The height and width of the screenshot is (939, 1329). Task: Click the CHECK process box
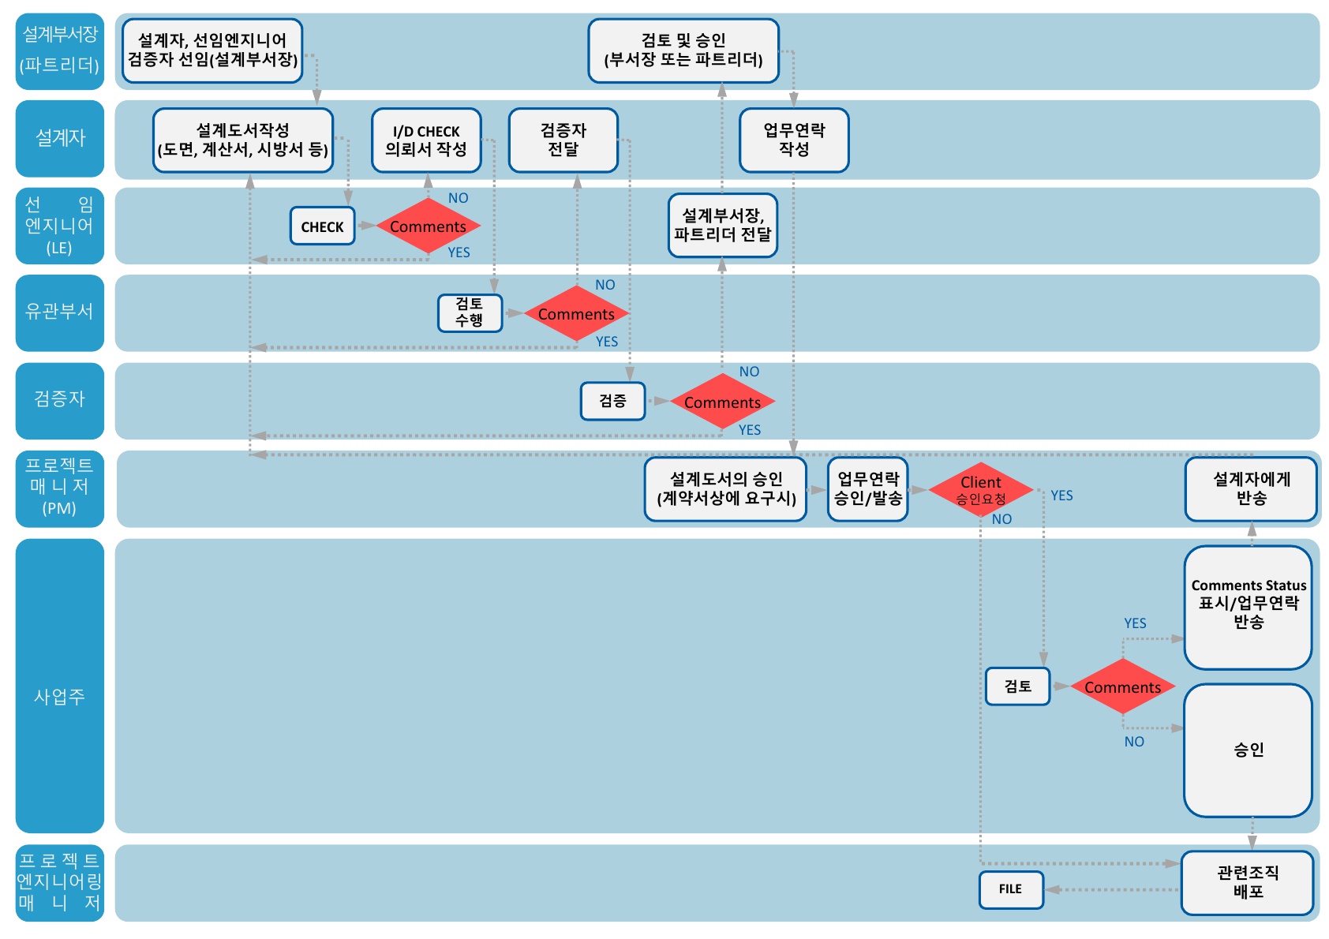click(322, 226)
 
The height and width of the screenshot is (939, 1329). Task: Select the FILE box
click(1010, 889)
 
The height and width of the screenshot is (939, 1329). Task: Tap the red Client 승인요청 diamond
click(981, 489)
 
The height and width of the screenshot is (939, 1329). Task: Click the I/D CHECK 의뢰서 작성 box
click(426, 140)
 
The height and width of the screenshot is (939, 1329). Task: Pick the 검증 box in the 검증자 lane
click(612, 401)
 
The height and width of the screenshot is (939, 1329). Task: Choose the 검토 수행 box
click(470, 312)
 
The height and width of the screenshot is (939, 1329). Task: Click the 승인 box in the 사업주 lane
click(1248, 750)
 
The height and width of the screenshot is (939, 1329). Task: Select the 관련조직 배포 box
click(1247, 882)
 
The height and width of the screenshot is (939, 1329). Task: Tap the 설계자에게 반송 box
click(1251, 488)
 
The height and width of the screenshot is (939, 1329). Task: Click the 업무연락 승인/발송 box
click(867, 488)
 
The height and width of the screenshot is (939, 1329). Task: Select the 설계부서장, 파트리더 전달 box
click(722, 225)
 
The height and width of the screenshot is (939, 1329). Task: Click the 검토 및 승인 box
click(683, 50)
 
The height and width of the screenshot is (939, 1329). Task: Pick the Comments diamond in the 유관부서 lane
click(576, 314)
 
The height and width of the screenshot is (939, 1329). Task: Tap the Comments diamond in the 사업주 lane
click(1122, 687)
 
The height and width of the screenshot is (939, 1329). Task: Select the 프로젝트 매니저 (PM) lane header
click(59, 488)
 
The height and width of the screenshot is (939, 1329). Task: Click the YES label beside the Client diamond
click(1061, 496)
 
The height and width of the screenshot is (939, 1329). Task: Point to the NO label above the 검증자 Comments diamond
click(749, 372)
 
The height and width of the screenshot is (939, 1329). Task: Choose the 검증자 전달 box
click(563, 140)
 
